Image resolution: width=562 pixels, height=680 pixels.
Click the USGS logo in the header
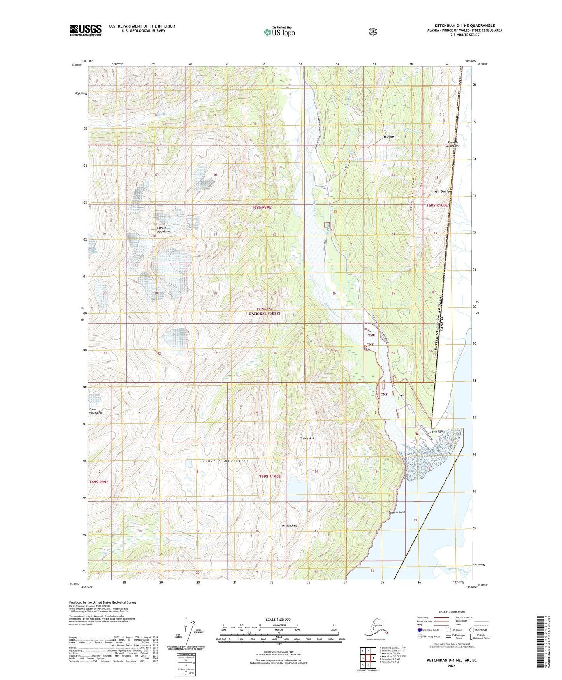coord(86,30)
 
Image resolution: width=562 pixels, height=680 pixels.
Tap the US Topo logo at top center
coord(279,32)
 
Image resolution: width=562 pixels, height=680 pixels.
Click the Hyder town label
coord(388,137)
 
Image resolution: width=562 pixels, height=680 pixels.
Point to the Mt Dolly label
coord(443,192)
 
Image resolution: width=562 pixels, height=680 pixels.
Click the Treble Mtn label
coord(307,439)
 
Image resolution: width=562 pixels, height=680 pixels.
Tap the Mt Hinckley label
coord(289,525)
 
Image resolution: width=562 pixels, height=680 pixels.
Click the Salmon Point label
coord(397,513)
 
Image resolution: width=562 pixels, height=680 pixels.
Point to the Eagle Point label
coord(438,432)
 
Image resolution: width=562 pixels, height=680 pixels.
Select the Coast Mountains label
coord(95,411)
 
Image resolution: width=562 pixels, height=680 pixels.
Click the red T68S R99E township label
coord(261,208)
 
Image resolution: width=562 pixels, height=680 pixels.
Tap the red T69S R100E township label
coord(270,476)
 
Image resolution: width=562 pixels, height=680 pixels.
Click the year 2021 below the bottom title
coord(451,666)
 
